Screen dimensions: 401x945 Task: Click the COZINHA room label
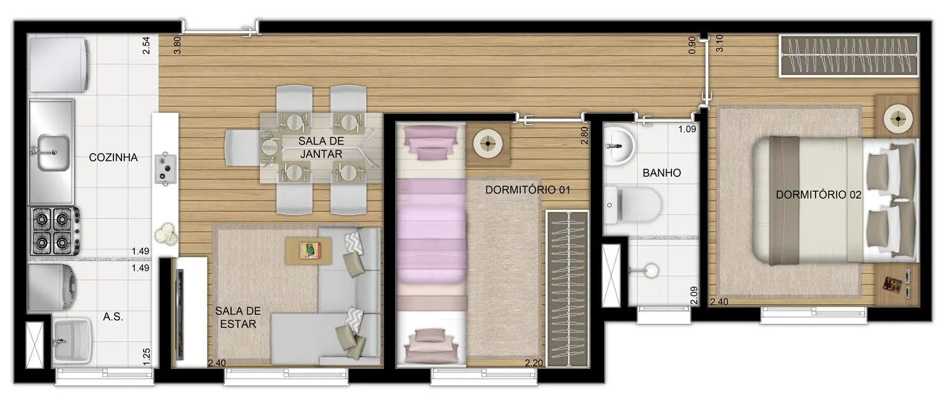click(x=113, y=157)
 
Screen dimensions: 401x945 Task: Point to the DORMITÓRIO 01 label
click(x=526, y=190)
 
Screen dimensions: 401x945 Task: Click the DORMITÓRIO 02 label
click(x=818, y=195)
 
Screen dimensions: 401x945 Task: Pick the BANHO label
click(x=661, y=173)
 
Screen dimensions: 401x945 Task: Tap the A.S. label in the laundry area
click(x=113, y=317)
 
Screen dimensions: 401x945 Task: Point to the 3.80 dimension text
click(x=178, y=46)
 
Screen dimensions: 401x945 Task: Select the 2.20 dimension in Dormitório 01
click(x=533, y=363)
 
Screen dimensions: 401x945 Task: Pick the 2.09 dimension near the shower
click(x=694, y=296)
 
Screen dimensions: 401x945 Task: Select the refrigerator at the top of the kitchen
click(x=60, y=65)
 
